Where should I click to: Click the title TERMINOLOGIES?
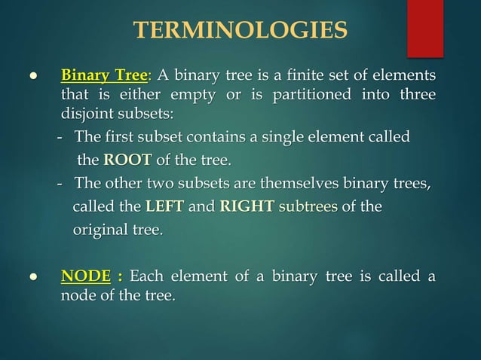pyautogui.click(x=240, y=30)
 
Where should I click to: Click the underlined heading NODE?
pyautogui.click(x=85, y=277)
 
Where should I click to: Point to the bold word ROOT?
pyautogui.click(x=127, y=160)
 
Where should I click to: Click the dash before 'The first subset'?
pyautogui.click(x=60, y=138)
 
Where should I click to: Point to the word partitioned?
pyautogui.click(x=314, y=96)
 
